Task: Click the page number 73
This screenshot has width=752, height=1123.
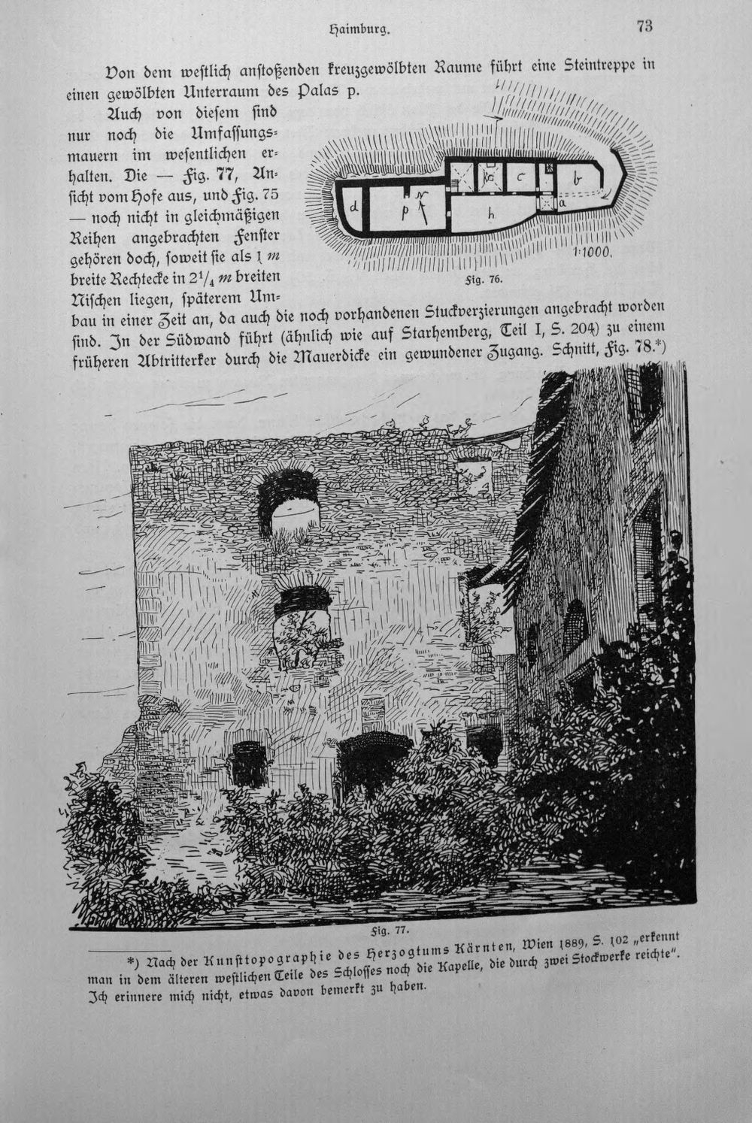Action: pyautogui.click(x=644, y=26)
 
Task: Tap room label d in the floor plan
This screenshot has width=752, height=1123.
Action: pyautogui.click(x=354, y=206)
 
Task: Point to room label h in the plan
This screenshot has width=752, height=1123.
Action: pyautogui.click(x=492, y=213)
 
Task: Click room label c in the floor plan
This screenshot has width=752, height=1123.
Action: pyautogui.click(x=520, y=176)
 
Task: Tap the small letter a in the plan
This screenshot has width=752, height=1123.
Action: pyautogui.click(x=562, y=202)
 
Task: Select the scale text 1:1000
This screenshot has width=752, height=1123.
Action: pyautogui.click(x=592, y=253)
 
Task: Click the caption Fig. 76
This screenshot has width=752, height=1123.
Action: pyautogui.click(x=483, y=280)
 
